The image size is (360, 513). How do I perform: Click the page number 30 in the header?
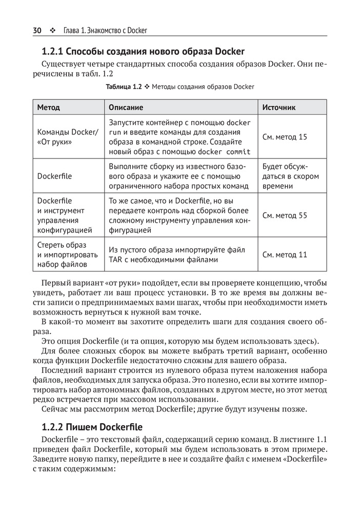(x=37, y=30)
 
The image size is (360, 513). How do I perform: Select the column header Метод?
(x=48, y=108)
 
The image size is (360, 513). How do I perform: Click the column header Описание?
(x=125, y=108)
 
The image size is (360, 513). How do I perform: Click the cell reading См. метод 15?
(x=284, y=137)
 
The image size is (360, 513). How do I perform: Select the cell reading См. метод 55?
(x=284, y=215)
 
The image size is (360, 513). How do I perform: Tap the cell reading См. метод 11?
(x=284, y=254)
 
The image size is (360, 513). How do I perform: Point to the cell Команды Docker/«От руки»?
(x=66, y=137)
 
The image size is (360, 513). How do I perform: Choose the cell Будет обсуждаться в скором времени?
(x=290, y=176)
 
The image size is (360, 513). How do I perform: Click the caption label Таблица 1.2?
(x=124, y=87)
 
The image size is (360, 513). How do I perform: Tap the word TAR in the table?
(x=116, y=260)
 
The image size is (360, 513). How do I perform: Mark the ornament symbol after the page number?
(x=52, y=30)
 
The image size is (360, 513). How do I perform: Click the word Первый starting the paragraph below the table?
(x=55, y=283)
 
